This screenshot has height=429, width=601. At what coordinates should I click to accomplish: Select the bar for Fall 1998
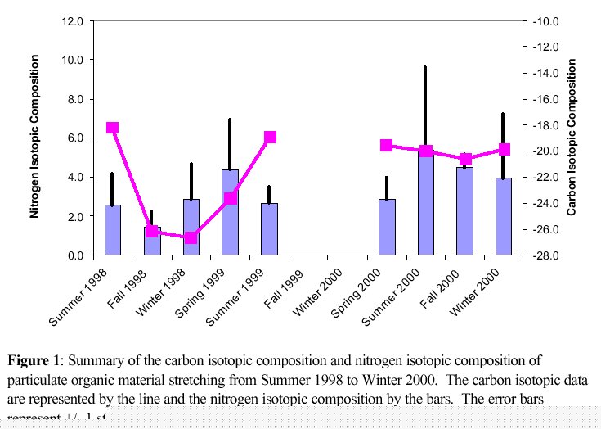pos(152,242)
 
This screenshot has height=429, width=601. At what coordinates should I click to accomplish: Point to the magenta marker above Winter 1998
pos(191,237)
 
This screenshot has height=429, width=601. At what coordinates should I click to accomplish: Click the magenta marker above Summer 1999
pos(270,137)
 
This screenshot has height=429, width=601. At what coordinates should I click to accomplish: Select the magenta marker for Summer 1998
pos(113,128)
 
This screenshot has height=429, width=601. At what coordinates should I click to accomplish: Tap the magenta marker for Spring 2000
pos(387,145)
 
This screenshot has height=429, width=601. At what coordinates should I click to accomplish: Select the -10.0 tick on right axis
pos(545,21)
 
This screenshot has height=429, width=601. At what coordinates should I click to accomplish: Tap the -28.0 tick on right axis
pos(545,255)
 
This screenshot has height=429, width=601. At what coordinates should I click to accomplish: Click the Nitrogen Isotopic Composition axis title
pos(35,137)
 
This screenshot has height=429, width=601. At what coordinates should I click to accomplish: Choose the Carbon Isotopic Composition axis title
pos(572,137)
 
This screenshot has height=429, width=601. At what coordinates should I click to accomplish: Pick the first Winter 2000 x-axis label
pos(321,296)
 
